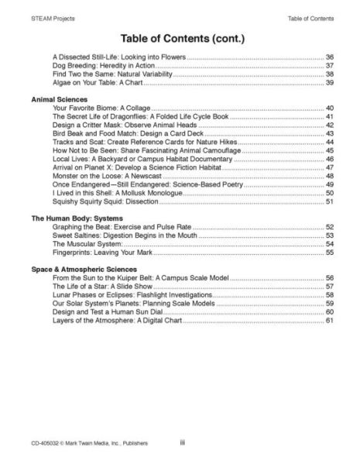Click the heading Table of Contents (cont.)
coord(180,38)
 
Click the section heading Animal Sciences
coord(59,99)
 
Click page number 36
coord(329,57)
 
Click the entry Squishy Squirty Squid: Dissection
coord(105,202)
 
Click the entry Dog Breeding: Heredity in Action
coord(105,66)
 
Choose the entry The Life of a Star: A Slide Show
coord(102,286)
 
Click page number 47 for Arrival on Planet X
coord(329,168)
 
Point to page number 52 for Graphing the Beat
coord(329,227)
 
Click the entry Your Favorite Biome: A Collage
coord(101,108)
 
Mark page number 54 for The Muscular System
coord(329,244)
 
